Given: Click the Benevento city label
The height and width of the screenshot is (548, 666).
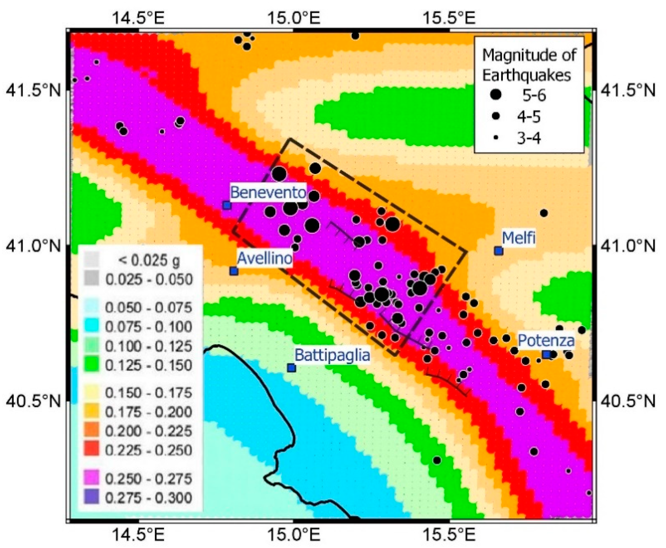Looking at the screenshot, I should point(268,192).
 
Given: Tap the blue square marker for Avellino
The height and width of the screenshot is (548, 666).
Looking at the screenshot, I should point(234,271).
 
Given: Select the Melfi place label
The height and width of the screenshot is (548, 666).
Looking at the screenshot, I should point(519,237).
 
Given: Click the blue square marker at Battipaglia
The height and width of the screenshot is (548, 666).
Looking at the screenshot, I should point(291,368).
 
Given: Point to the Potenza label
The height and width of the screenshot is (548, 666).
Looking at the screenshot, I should point(546,340).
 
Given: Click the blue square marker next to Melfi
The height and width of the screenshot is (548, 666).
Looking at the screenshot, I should point(499,251).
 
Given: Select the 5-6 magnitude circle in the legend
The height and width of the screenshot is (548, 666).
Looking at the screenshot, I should point(496,95).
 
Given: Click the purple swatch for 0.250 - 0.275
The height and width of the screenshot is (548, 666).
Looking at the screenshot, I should point(91,479).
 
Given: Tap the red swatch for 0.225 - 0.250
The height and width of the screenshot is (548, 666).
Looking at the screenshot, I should point(91,450).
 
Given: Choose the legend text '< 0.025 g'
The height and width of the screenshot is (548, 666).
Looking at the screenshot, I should point(148,260).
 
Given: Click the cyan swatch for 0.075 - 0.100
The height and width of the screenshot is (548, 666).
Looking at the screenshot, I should point(91,327).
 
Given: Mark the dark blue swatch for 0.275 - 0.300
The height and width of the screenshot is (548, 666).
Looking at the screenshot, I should point(91,497).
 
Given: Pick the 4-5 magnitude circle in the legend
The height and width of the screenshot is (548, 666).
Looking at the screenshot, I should point(496,116).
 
